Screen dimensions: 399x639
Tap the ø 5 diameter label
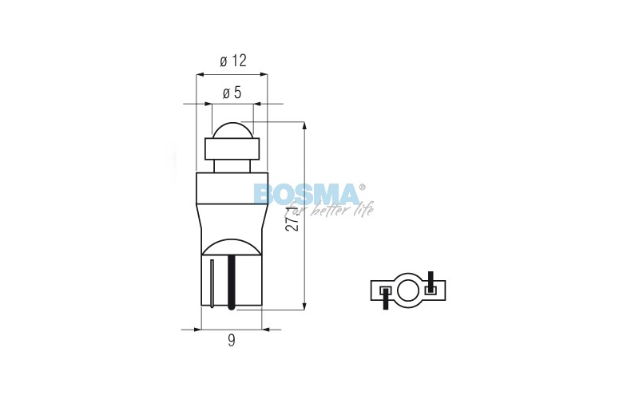pyautogui.click(x=232, y=93)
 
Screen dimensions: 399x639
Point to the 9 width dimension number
pyautogui.click(x=232, y=341)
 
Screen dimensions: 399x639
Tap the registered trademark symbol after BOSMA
pyautogui.click(x=363, y=187)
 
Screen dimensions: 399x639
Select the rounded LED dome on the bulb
pyautogui.click(x=232, y=129)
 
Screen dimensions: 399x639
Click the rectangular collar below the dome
pyautogui.click(x=232, y=149)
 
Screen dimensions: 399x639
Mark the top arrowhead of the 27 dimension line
pyautogui.click(x=304, y=126)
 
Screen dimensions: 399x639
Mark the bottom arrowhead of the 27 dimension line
pyautogui.click(x=304, y=306)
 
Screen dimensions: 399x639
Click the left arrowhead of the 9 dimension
pyautogui.click(x=197, y=328)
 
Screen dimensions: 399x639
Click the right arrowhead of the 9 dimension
pyautogui.click(x=266, y=328)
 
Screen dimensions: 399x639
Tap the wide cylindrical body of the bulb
pyautogui.click(x=232, y=199)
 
